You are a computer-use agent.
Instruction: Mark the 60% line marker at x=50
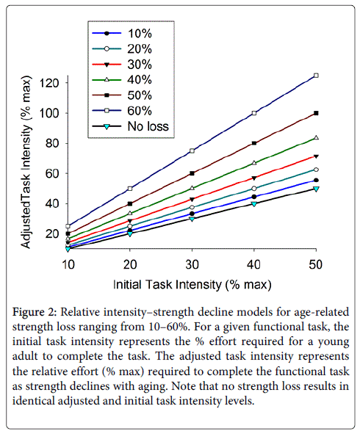click(x=316, y=76)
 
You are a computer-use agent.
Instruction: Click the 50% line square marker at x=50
click(x=316, y=113)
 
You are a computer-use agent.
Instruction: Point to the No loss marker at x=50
click(x=316, y=189)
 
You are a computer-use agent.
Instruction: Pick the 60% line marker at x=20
click(x=130, y=189)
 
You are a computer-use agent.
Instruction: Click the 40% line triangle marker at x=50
click(x=316, y=137)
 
